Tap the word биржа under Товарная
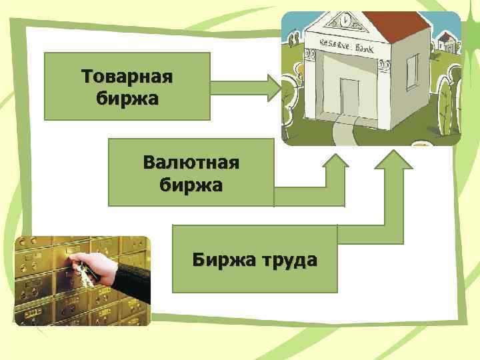click(x=127, y=98)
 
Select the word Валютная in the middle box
click(x=191, y=162)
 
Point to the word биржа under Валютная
click(x=191, y=183)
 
